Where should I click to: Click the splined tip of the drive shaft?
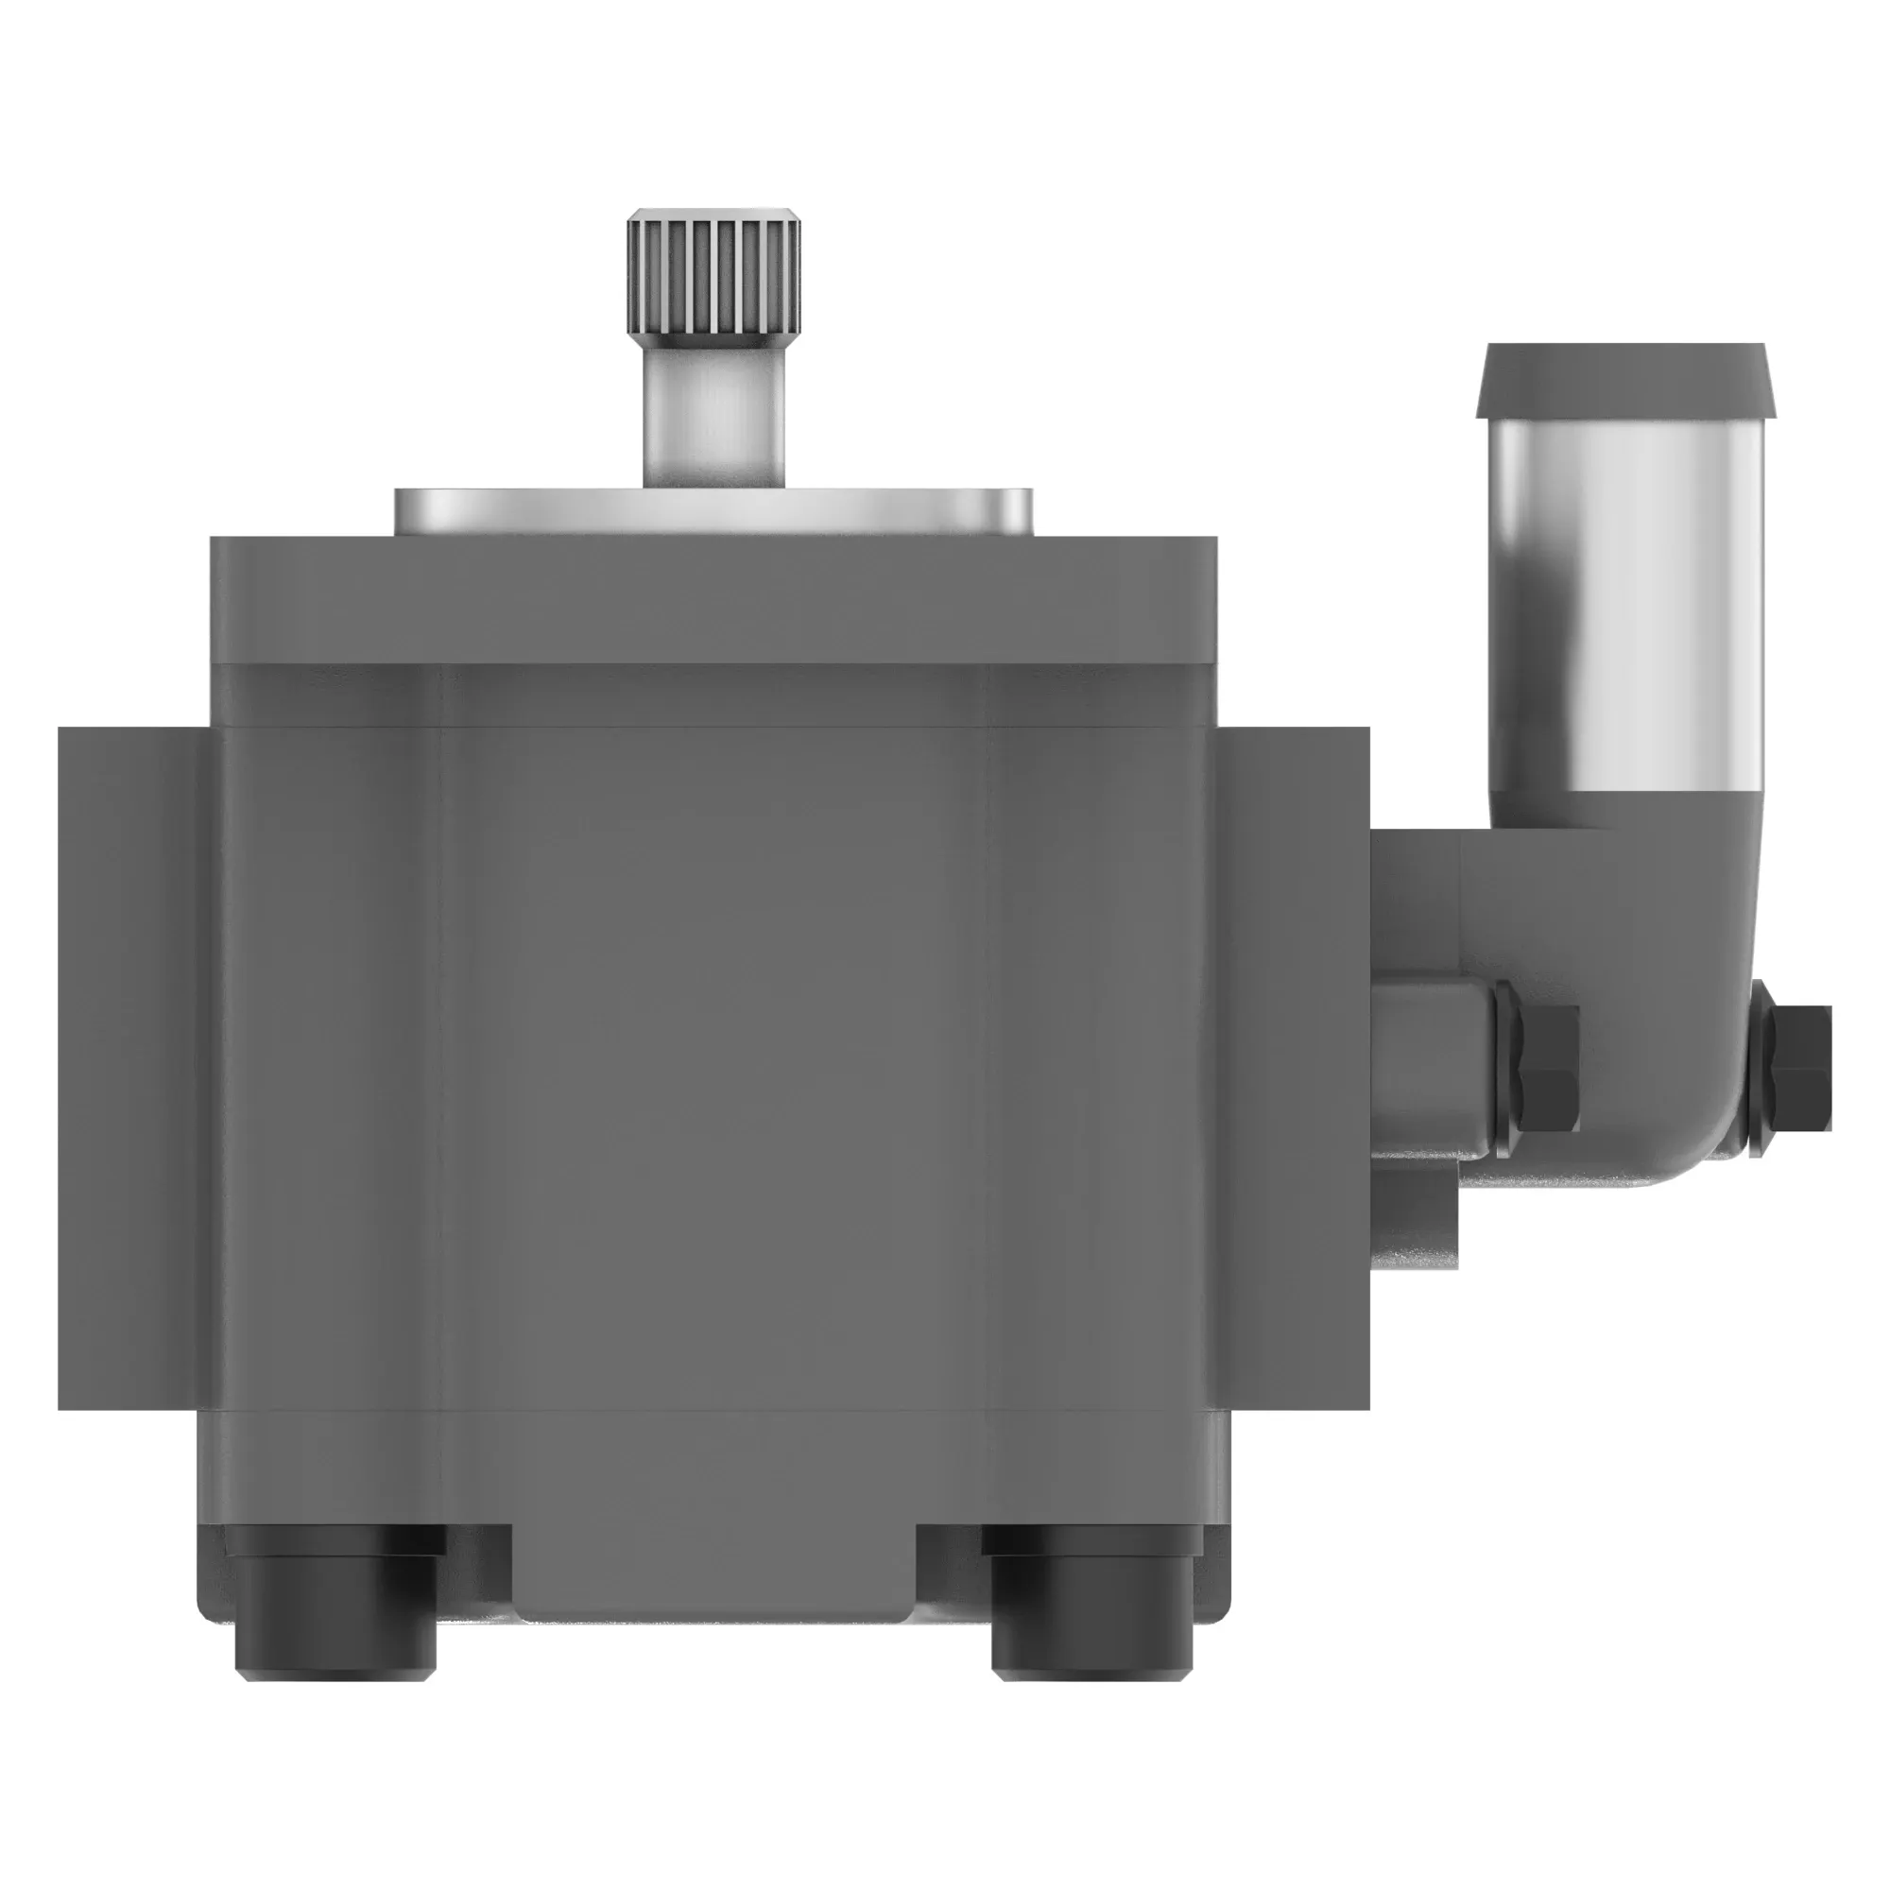click(714, 279)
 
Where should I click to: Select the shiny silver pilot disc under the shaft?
click(714, 510)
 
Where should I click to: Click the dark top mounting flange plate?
click(714, 599)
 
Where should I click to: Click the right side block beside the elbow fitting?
click(1297, 1066)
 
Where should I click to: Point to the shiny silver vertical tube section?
click(1624, 607)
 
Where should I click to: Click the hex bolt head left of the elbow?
click(1551, 1068)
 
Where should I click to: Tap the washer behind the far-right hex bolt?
click(1761, 1068)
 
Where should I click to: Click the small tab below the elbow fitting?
click(1415, 1218)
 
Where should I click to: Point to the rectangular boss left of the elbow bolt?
click(1433, 1066)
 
